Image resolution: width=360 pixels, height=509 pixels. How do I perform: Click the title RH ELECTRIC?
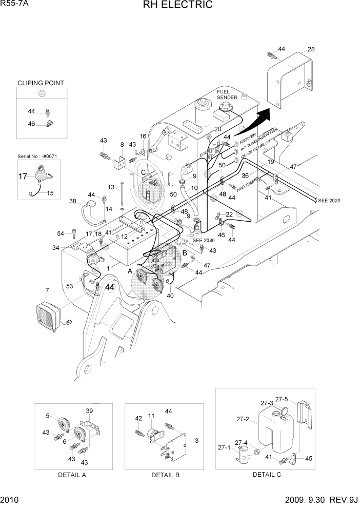tap(179, 6)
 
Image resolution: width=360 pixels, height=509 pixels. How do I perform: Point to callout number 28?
tap(311, 49)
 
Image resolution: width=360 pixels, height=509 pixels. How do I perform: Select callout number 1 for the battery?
tap(108, 268)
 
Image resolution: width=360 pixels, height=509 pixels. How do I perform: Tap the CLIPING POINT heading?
tap(41, 83)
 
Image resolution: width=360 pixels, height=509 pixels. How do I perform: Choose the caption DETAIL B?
tap(165, 475)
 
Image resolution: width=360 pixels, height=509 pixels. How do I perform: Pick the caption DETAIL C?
tap(266, 474)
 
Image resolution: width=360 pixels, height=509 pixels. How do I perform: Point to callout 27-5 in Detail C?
tap(282, 399)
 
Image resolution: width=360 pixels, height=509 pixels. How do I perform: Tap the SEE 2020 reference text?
tap(329, 200)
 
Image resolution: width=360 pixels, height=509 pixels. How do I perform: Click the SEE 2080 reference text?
tap(204, 240)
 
